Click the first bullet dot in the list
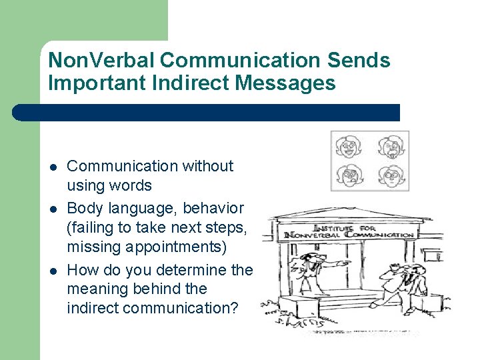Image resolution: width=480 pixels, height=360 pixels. [53, 166]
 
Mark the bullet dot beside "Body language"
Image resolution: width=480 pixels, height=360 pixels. [53, 209]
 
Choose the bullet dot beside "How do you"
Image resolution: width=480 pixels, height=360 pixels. [53, 270]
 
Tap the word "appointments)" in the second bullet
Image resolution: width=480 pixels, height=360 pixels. [147, 247]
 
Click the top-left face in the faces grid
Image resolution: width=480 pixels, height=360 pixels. [349, 146]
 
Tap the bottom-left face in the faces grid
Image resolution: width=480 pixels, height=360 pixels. [349, 176]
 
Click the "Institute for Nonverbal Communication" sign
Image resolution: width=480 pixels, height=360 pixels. [349, 231]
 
